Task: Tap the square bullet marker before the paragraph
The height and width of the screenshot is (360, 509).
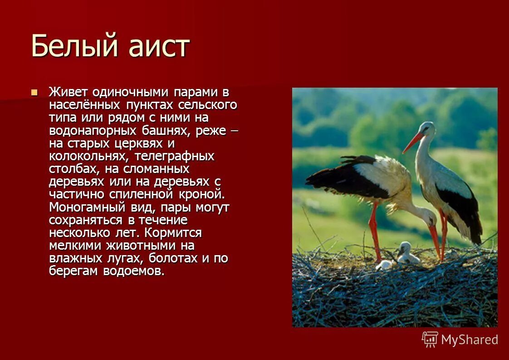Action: tap(34, 93)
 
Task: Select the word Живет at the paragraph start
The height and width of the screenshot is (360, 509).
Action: tap(69, 92)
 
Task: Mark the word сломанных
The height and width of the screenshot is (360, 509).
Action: tap(154, 169)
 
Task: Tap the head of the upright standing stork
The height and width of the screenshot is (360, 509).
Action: tap(427, 130)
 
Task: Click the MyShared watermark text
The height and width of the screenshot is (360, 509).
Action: tap(469, 340)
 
